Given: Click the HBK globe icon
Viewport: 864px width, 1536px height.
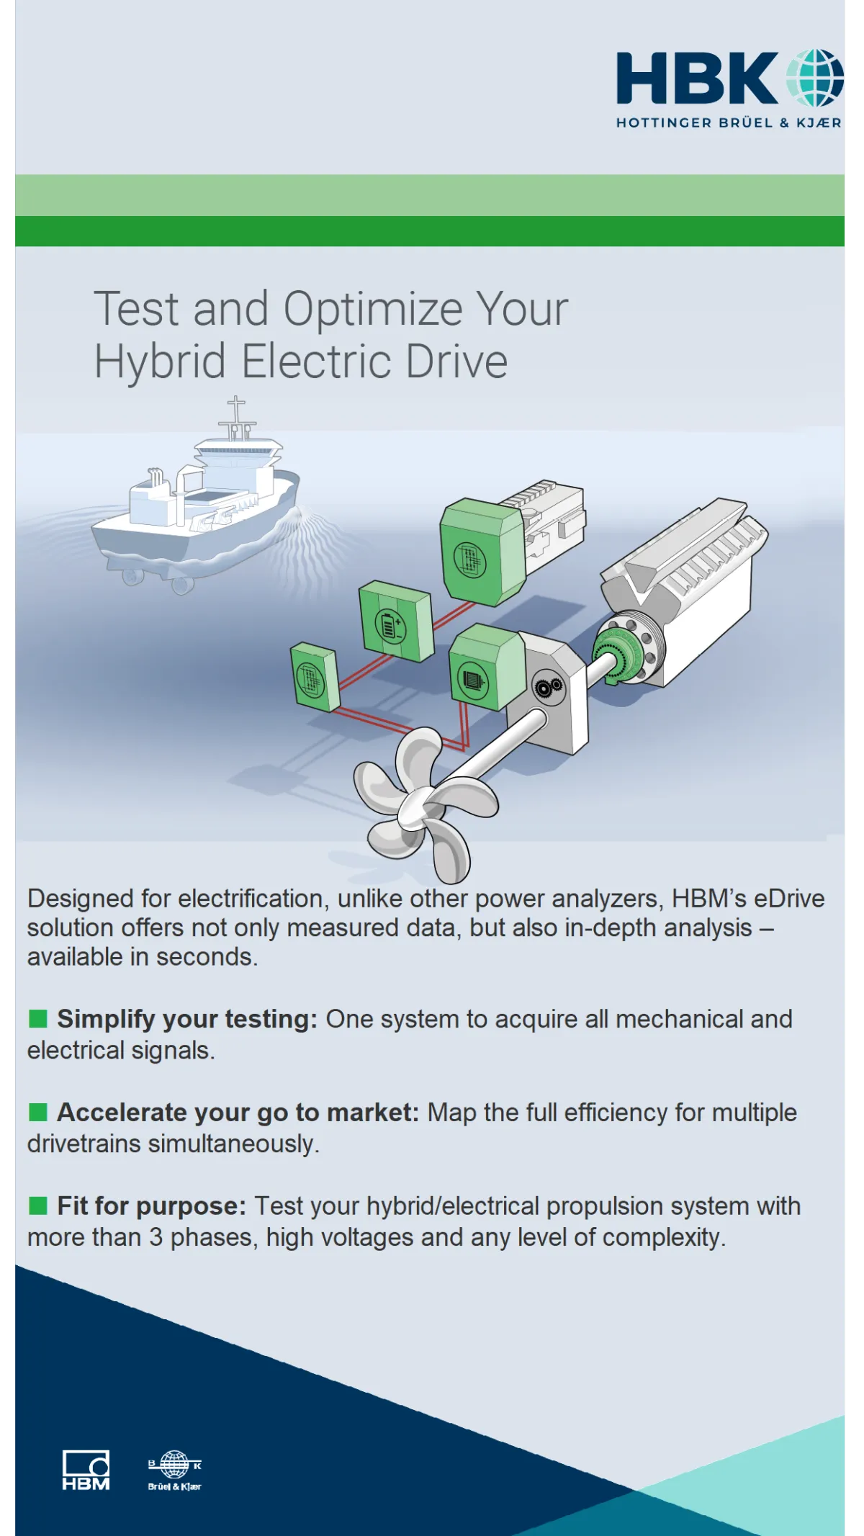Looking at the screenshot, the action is coord(814,78).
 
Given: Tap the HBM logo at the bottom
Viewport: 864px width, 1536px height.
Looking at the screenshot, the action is coord(86,1470).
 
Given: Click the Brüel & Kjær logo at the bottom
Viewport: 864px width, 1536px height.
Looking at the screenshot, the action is coord(174,1470).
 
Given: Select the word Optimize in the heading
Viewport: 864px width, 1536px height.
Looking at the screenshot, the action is coord(373,310).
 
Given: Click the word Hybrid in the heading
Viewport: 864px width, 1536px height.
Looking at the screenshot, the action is coord(161,361).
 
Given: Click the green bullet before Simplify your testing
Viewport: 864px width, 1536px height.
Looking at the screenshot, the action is coord(37,1018).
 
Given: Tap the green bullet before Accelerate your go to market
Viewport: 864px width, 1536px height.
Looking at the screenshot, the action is coord(37,1112).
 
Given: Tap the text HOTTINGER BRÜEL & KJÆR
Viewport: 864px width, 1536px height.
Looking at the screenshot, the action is coord(729,122).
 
